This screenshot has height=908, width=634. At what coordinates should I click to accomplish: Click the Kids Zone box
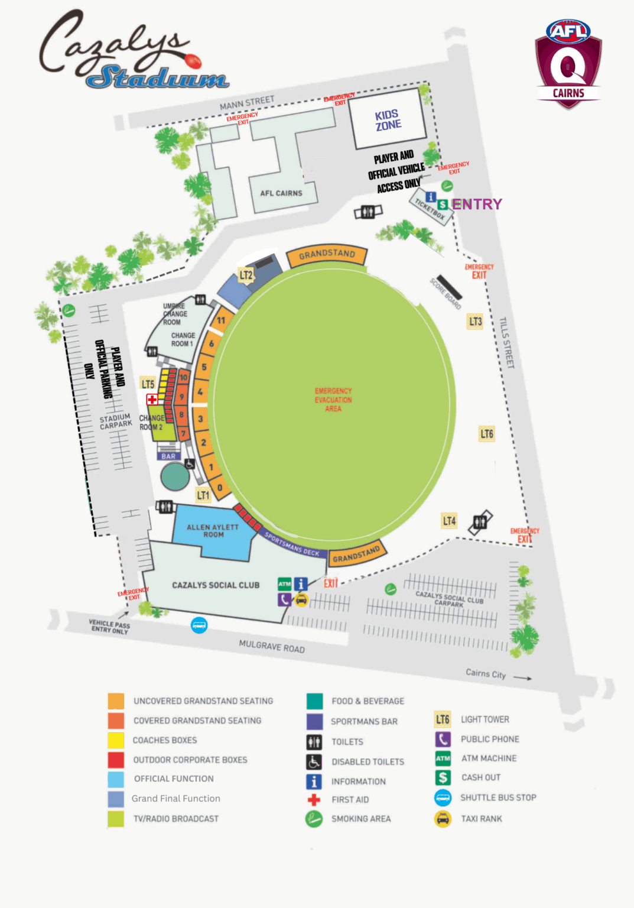(388, 120)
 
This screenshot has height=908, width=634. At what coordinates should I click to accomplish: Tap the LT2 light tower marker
(246, 275)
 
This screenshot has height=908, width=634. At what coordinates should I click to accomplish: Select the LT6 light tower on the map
(486, 434)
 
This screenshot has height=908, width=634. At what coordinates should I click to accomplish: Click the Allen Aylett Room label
(213, 530)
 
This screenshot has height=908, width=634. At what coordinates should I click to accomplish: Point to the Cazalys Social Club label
(216, 585)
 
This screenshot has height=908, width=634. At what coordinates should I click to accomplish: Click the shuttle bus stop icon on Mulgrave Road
(199, 625)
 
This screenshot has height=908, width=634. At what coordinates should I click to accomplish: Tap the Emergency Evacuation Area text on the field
(333, 400)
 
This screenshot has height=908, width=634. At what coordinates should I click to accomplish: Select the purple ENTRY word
(477, 205)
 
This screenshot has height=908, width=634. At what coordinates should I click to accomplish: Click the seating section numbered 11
(221, 320)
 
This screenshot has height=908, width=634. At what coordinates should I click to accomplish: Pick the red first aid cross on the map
(152, 400)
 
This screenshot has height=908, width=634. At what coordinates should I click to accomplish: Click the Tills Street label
(507, 342)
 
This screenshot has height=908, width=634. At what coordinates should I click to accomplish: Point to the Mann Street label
(247, 103)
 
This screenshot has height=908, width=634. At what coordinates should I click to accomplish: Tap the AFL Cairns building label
(281, 193)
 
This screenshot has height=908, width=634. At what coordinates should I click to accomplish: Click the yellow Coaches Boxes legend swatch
(116, 740)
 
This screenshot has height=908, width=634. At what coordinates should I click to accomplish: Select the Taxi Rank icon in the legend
(443, 819)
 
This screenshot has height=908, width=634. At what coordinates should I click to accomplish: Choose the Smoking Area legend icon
(314, 819)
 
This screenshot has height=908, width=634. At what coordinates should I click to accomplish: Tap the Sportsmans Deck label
(292, 544)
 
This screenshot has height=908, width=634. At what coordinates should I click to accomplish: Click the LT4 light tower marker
(449, 521)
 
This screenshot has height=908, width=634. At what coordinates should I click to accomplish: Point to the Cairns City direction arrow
(522, 678)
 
